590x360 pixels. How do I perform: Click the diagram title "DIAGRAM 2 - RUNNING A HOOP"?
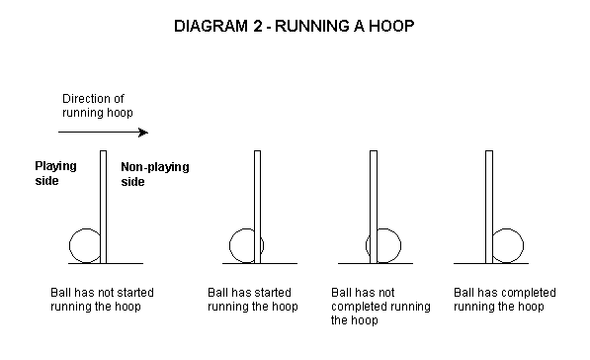(x=294, y=26)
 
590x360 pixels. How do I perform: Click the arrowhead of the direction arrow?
(x=143, y=133)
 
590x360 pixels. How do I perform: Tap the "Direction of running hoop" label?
(x=98, y=106)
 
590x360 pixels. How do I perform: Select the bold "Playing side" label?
(x=55, y=173)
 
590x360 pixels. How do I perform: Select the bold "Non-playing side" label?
(x=155, y=174)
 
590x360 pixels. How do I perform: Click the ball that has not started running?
(x=69, y=245)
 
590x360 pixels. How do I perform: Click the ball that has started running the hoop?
(x=230, y=245)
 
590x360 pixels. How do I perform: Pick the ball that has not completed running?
(x=400, y=245)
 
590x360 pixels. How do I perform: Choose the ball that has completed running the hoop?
(x=523, y=245)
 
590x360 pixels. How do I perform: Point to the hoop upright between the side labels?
(x=104, y=207)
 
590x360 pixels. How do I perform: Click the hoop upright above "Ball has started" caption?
(x=257, y=207)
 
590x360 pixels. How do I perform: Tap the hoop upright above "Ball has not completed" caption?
(x=374, y=207)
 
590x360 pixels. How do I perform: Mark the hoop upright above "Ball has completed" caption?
(x=489, y=207)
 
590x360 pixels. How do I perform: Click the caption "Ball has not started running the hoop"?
(x=102, y=300)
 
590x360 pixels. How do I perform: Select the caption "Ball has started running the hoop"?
(x=252, y=300)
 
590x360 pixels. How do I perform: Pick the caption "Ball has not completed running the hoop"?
(x=380, y=307)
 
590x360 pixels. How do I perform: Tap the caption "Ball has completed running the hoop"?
(x=505, y=300)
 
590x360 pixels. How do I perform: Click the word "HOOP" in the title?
(x=391, y=26)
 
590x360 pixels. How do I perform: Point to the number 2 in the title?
(x=257, y=26)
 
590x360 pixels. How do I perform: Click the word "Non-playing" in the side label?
(x=155, y=167)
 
